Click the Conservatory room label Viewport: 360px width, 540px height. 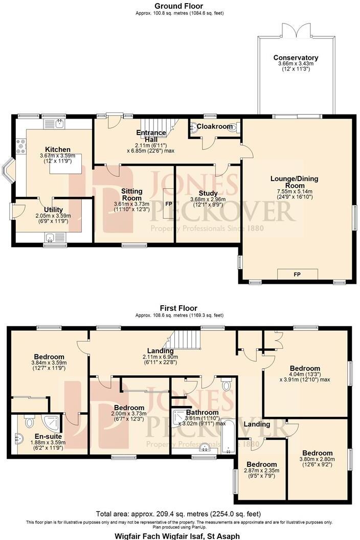point(296,58)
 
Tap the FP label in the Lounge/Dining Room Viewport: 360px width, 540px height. point(297,275)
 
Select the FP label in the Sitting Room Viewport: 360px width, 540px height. point(168,204)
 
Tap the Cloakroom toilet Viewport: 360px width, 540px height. point(233,127)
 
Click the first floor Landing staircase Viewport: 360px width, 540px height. point(184,340)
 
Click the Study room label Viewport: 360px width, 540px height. point(208,193)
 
